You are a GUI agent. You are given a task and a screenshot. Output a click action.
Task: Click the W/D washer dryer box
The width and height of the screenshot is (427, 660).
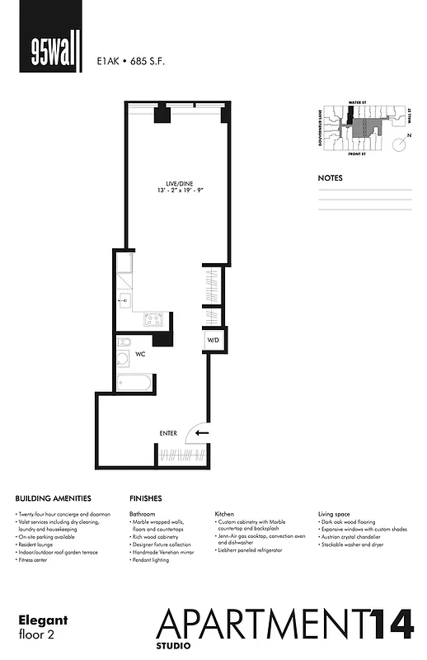213,339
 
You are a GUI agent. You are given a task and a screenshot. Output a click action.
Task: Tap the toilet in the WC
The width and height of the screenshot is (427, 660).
124,342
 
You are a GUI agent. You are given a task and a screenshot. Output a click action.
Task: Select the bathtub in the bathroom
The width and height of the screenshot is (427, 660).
134,382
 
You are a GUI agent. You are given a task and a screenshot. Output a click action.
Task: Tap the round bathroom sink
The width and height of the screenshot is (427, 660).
124,359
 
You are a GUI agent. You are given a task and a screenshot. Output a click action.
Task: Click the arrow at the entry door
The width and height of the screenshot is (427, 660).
202,431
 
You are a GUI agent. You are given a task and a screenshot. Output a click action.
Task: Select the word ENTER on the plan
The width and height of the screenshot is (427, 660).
168,433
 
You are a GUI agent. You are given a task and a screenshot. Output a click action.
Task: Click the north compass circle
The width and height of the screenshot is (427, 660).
399,144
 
